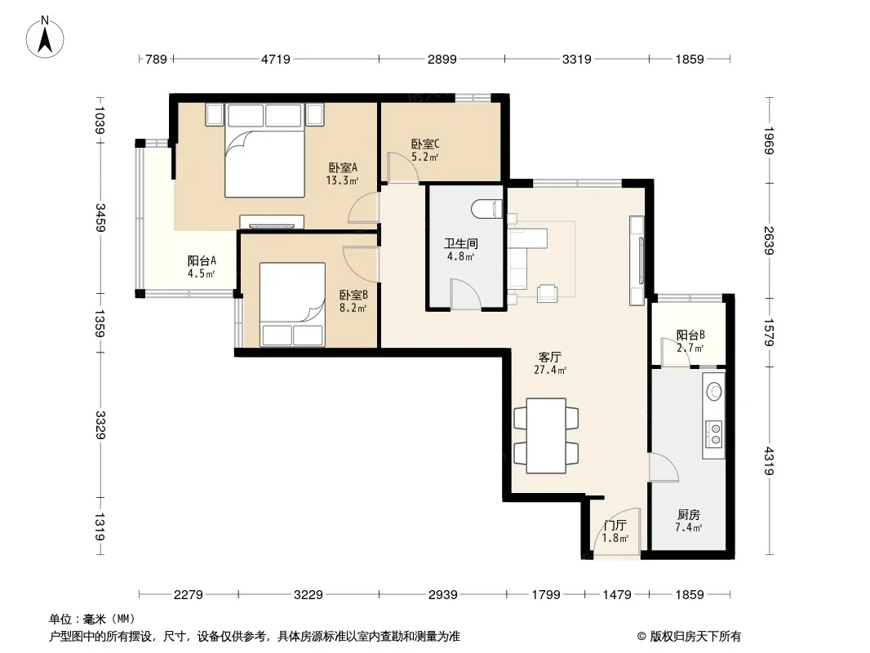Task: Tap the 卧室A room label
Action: pyautogui.click(x=343, y=167)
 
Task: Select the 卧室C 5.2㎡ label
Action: pyautogui.click(x=425, y=150)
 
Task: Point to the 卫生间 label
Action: pyautogui.click(x=460, y=243)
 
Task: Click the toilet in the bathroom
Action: pyautogui.click(x=486, y=209)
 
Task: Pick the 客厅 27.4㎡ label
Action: pyautogui.click(x=550, y=363)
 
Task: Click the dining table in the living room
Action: pyautogui.click(x=547, y=436)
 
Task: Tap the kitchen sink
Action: pyautogui.click(x=713, y=391)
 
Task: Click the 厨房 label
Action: pyautogui.click(x=689, y=515)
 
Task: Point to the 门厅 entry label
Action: pyautogui.click(x=615, y=526)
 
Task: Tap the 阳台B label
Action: pyautogui.click(x=690, y=335)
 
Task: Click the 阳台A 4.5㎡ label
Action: pyautogui.click(x=202, y=267)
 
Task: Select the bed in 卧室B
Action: pyautogui.click(x=292, y=304)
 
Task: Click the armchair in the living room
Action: pyautogui.click(x=547, y=294)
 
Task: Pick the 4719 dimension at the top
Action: pyautogui.click(x=276, y=59)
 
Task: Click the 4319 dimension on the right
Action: pyautogui.click(x=769, y=461)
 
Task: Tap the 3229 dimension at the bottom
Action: pyautogui.click(x=308, y=595)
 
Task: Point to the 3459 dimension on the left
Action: pyautogui.click(x=100, y=217)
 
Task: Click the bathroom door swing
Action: pyautogui.click(x=465, y=294)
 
